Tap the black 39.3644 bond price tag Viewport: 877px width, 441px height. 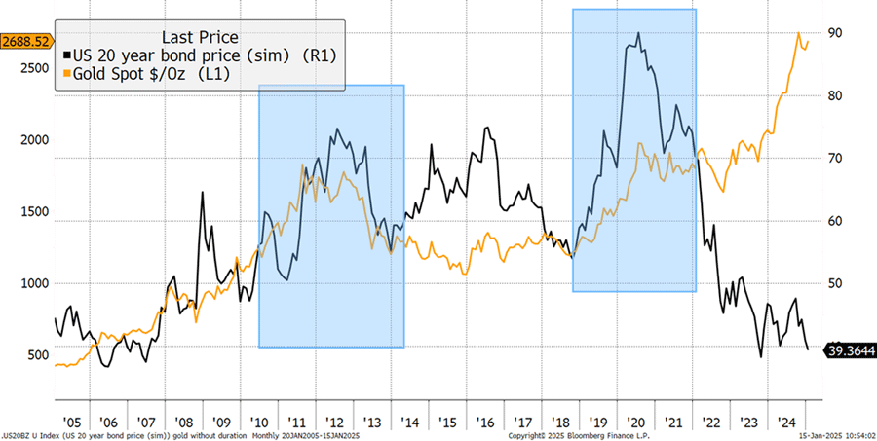(x=850, y=350)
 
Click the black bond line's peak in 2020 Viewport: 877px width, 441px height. (x=638, y=33)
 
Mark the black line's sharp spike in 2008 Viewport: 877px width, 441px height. (x=203, y=193)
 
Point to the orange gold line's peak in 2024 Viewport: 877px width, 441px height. (x=799, y=34)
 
